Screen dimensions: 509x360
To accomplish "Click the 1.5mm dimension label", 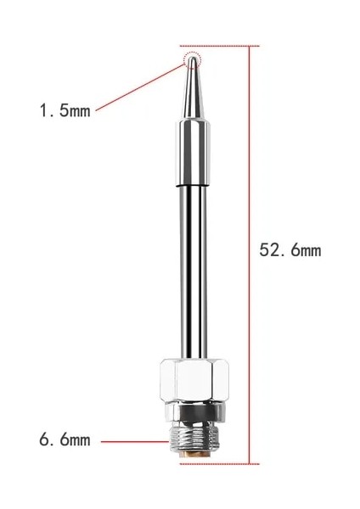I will [65, 111].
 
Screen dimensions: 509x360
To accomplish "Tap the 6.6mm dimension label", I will [65, 440].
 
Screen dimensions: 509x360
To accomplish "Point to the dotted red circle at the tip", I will [194, 59].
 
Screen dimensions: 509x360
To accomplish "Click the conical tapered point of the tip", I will [193, 89].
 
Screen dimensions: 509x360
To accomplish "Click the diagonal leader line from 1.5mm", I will [140, 85].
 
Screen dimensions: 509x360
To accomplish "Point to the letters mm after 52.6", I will [310, 251].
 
